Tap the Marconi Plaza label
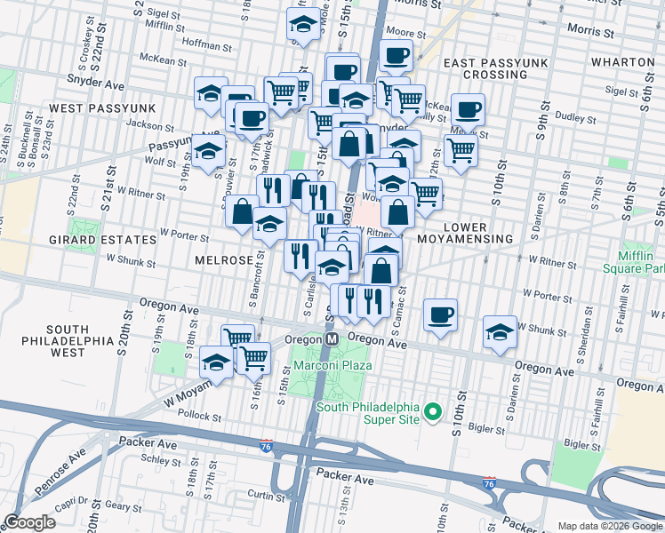click(x=333, y=365)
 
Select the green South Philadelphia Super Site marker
click(x=432, y=411)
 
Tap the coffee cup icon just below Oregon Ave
click(x=440, y=314)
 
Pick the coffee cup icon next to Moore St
click(x=397, y=56)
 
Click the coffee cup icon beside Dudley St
click(x=468, y=109)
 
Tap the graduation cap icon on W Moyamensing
click(x=215, y=361)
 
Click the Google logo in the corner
click(x=29, y=522)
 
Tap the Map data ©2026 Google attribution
click(x=609, y=526)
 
